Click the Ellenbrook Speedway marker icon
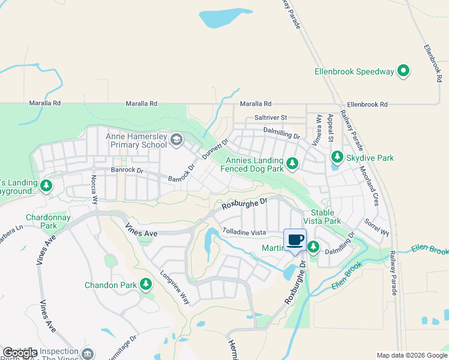click(x=404, y=71)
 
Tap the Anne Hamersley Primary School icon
click(x=176, y=140)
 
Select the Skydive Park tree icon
click(x=337, y=157)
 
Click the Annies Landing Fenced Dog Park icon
click(x=292, y=163)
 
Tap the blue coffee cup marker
click(x=295, y=241)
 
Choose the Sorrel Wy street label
click(x=377, y=228)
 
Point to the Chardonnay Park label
click(x=41, y=221)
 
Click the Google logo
click(x=20, y=353)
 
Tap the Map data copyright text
click(x=411, y=355)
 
